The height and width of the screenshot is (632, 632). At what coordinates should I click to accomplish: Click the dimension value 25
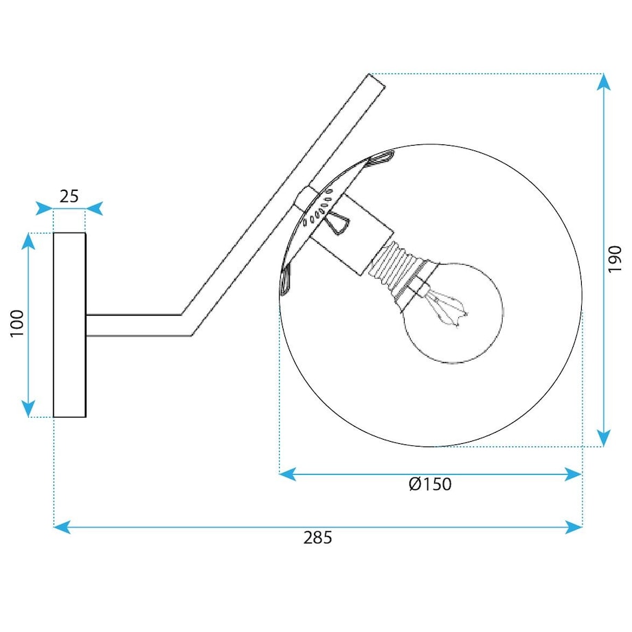(x=69, y=196)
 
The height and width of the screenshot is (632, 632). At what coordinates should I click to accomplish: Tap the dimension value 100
(x=17, y=324)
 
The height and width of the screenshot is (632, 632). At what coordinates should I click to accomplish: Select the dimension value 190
(x=615, y=259)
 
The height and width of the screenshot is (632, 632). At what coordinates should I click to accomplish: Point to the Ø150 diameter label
(x=430, y=484)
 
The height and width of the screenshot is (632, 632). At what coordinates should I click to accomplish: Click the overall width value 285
(x=317, y=538)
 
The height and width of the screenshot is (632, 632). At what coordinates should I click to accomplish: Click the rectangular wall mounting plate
(x=70, y=325)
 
